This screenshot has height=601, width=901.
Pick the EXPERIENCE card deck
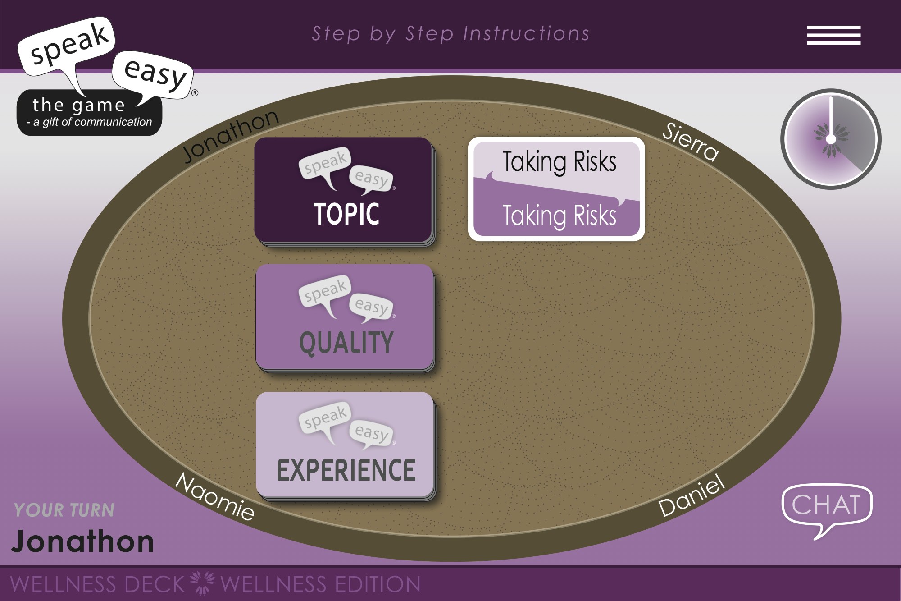click(345, 445)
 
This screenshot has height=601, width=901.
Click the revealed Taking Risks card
click(556, 189)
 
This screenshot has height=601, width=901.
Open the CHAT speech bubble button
click(827, 505)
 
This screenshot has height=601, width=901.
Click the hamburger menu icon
click(833, 35)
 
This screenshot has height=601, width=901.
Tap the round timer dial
click(831, 139)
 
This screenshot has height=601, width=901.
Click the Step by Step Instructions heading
click(450, 34)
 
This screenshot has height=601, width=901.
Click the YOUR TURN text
click(64, 510)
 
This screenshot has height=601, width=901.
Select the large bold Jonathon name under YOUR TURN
click(83, 541)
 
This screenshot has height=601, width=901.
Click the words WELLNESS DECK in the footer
click(97, 584)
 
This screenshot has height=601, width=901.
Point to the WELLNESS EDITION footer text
click(320, 584)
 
